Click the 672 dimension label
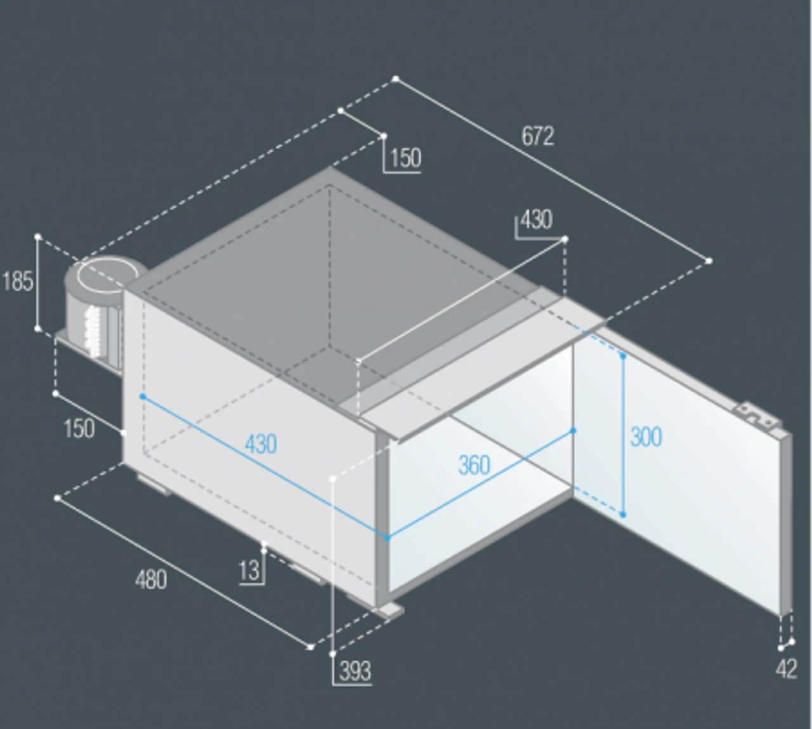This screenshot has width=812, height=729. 538,136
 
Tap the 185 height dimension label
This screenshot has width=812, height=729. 18,281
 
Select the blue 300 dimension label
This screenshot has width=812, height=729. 646,437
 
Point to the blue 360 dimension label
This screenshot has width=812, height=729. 474,465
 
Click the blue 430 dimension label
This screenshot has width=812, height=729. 261,444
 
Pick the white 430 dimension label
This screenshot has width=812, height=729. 537,220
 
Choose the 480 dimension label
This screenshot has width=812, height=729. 151,580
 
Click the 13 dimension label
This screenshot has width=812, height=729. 249,570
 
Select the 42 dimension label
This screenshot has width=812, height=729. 787,669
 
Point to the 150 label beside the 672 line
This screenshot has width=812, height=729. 405,157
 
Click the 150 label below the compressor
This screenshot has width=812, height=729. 79,428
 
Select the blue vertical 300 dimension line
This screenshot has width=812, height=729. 623,435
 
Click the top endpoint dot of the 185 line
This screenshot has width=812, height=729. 38,237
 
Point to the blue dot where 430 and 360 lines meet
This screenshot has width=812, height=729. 387,538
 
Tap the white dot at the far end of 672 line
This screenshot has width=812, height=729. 709,261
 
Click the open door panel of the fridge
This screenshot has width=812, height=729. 681,473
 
